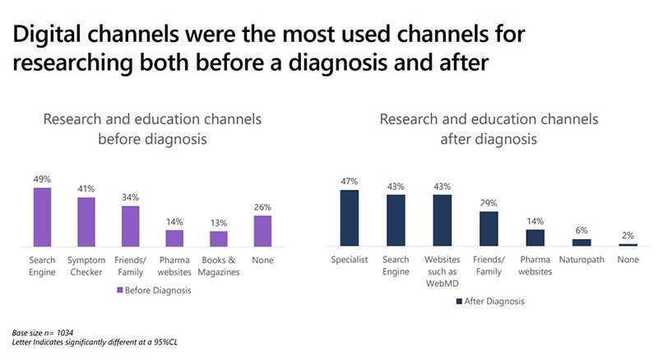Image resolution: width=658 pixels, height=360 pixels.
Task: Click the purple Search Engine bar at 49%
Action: click(x=42, y=217)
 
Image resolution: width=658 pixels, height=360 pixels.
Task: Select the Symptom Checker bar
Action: click(x=86, y=222)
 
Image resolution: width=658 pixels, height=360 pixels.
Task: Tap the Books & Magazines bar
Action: click(x=218, y=238)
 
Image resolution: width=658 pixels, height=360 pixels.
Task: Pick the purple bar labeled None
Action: click(x=262, y=230)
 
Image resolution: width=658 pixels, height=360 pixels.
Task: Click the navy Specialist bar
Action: click(x=350, y=218)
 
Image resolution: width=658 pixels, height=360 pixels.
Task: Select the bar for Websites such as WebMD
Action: click(x=443, y=220)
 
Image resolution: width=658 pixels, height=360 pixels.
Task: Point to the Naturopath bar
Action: click(x=582, y=242)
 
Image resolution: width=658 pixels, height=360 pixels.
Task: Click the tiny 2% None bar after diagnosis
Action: click(x=628, y=245)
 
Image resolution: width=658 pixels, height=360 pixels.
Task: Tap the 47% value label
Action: click(x=350, y=181)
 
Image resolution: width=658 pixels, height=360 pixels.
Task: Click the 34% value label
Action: click(x=130, y=197)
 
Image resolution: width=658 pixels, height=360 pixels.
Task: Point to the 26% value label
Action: click(x=262, y=207)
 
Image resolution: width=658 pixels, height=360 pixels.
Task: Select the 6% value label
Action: click(x=582, y=230)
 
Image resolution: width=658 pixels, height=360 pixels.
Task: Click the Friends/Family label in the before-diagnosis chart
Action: click(x=130, y=266)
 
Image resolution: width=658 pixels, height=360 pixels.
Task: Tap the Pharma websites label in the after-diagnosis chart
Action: click(x=535, y=266)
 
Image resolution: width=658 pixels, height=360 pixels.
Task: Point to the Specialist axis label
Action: click(x=350, y=261)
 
